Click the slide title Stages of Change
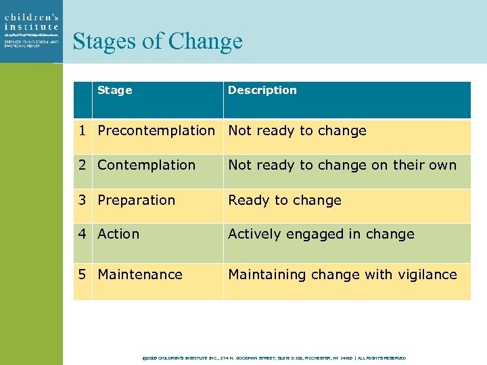(157, 41)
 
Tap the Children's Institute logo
(31, 31)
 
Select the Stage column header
(115, 90)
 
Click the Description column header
(262, 90)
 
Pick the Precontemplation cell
(156, 130)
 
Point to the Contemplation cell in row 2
(146, 165)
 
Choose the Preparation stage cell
(136, 200)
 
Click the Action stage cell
(118, 234)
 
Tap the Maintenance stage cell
(140, 274)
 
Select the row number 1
(82, 130)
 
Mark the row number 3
(82, 200)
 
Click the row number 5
(82, 274)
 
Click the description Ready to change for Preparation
(285, 200)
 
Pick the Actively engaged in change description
(321, 234)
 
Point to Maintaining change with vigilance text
(342, 274)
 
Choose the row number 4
(82, 234)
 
